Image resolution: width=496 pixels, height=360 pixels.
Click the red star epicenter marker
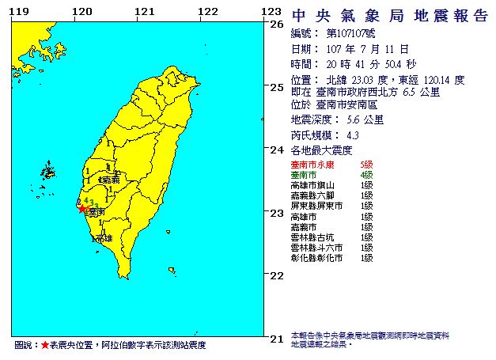coord(82,209)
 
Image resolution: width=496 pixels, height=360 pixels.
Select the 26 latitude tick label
coord(277,24)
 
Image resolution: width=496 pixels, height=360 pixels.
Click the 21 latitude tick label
coord(277,338)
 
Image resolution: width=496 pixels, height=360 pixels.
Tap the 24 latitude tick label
coord(277,150)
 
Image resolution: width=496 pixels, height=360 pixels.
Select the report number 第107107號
coord(351,35)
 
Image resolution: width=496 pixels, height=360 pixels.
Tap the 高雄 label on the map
coord(103,237)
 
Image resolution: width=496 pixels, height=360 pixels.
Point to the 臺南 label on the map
coord(97,212)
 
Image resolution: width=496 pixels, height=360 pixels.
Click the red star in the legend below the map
coord(44,346)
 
